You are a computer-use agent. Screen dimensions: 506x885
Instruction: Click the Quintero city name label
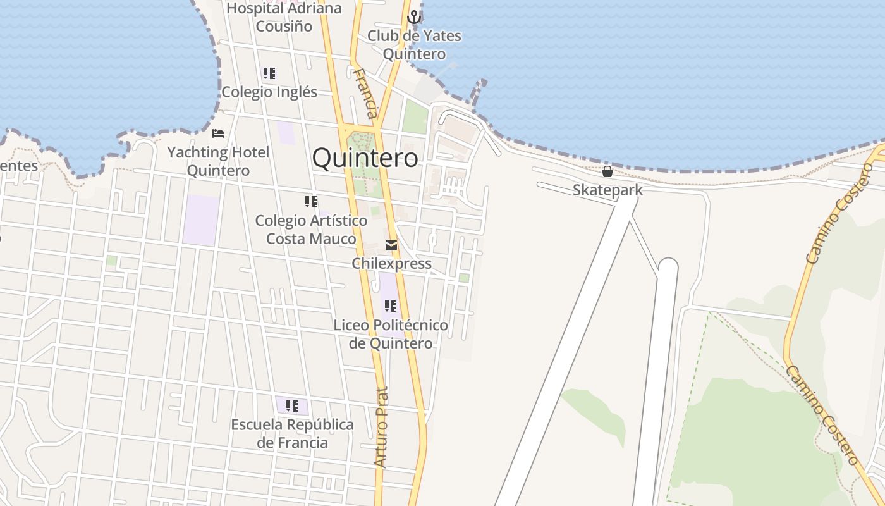tap(365, 157)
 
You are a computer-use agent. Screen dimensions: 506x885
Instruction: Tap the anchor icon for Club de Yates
tap(414, 17)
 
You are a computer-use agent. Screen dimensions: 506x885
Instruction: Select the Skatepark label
tap(607, 190)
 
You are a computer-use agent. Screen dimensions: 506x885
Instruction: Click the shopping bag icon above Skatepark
tap(607, 171)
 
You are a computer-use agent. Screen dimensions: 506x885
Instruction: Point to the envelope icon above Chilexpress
tap(391, 245)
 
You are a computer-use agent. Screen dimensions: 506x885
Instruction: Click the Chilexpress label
tap(391, 263)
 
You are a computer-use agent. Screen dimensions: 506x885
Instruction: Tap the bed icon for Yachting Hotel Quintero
tap(218, 133)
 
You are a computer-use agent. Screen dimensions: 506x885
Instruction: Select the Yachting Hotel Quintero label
tap(218, 161)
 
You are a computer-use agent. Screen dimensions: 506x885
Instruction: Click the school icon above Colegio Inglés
tap(269, 73)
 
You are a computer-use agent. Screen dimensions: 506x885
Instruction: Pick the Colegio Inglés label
tap(269, 92)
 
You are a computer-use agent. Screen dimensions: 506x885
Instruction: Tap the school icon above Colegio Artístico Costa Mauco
tap(311, 202)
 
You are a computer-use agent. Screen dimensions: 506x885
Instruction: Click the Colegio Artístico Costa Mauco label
tap(311, 230)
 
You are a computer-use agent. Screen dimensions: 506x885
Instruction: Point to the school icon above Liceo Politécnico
tap(391, 306)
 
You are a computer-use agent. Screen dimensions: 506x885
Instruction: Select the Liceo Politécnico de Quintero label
tap(391, 334)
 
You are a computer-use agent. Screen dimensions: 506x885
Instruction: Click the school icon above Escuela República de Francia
tap(291, 405)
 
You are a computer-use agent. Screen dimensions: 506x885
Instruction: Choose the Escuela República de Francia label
tap(292, 433)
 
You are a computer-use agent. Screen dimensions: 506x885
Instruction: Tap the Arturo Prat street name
tap(381, 427)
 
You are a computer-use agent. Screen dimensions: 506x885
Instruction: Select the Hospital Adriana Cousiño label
tap(284, 17)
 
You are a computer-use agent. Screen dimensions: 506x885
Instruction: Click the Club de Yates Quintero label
tap(414, 45)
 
